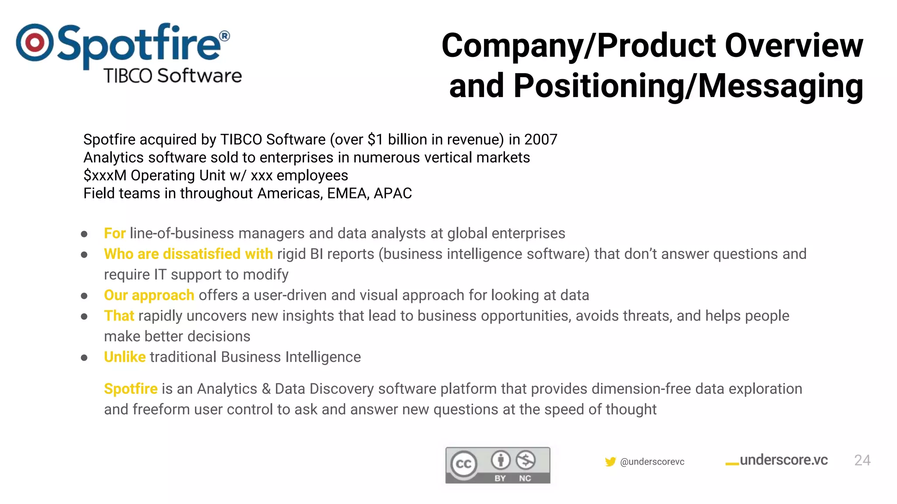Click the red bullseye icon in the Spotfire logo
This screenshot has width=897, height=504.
[x=35, y=42]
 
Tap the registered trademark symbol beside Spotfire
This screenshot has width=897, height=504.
[x=224, y=36]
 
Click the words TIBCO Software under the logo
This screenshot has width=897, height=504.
[x=173, y=76]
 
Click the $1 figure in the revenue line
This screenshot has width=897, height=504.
[x=375, y=140]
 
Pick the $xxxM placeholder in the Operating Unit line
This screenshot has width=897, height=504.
[x=105, y=175]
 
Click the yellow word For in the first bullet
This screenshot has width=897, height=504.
[x=115, y=234]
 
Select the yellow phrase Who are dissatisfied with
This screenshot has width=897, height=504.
[x=188, y=254]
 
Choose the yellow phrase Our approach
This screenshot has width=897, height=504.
[x=149, y=295]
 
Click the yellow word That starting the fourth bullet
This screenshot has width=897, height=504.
[x=119, y=316]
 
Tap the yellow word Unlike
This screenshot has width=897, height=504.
[x=125, y=357]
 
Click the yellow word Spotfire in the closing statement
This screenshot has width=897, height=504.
[x=131, y=389]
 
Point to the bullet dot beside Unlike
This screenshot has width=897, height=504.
[x=84, y=358]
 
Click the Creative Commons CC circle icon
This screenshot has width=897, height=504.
[x=463, y=464]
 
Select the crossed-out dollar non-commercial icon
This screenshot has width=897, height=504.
[x=525, y=460]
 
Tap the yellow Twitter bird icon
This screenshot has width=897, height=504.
[x=610, y=462]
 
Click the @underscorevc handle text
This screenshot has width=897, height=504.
[x=652, y=462]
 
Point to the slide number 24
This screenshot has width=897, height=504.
[x=862, y=460]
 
